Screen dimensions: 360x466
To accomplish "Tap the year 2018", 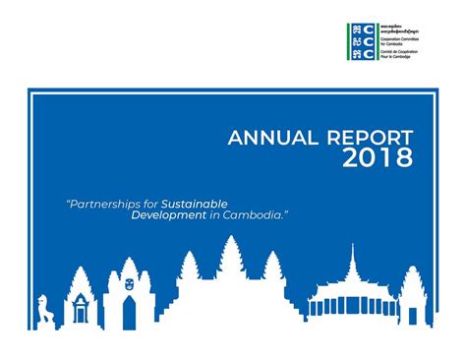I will coord(378,159).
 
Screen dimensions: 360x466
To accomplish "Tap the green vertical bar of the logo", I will coord(347,42).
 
